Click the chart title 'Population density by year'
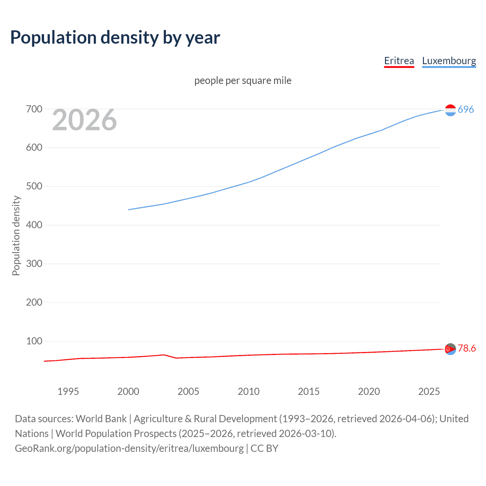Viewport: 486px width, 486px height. (x=115, y=38)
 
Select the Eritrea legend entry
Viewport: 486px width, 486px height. (x=399, y=61)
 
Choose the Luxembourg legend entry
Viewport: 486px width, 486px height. (x=449, y=61)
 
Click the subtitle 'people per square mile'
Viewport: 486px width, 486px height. (x=243, y=80)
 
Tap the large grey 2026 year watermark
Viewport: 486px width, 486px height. (x=84, y=120)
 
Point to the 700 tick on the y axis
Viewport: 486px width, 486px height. (x=34, y=109)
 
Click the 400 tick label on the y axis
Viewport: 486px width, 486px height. (x=34, y=225)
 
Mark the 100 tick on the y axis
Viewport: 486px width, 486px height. (x=34, y=341)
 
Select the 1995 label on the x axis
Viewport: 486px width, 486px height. (x=68, y=391)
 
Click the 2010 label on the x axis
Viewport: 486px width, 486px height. (x=249, y=391)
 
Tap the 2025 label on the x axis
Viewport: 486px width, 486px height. (x=429, y=391)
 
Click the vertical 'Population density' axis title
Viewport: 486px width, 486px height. (x=16, y=235)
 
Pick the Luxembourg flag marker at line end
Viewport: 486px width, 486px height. (x=450, y=110)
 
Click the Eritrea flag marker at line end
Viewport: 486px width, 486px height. (x=450, y=349)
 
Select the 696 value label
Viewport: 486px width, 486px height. (x=466, y=109)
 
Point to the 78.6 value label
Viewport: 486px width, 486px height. (x=467, y=348)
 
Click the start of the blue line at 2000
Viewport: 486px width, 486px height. (x=129, y=210)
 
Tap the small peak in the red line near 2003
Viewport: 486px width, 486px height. (x=164, y=355)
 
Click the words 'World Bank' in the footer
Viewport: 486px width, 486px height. (x=101, y=419)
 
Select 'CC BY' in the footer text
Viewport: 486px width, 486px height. (x=264, y=448)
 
